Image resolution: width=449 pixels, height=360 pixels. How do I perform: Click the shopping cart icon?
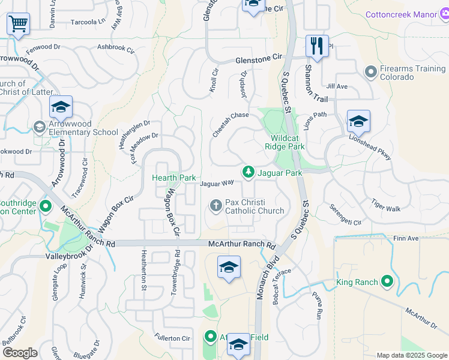tap(19, 24)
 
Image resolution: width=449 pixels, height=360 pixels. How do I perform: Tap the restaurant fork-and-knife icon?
tap(317, 46)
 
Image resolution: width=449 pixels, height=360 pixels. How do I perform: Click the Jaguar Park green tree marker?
tap(247, 173)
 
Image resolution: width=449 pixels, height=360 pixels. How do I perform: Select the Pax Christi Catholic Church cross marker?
tap(216, 206)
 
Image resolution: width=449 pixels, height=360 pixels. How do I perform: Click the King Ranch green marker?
tap(387, 281)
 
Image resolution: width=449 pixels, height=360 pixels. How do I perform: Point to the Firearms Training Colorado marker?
tap(370, 73)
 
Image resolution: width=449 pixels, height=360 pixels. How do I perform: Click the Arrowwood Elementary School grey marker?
tap(40, 127)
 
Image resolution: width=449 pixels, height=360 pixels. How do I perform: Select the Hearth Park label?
tap(173, 178)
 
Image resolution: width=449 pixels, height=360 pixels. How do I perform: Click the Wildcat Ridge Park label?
tap(285, 142)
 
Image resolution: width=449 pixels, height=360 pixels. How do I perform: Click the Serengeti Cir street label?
tap(345, 214)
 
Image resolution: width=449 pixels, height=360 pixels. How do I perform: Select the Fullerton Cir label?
tap(172, 338)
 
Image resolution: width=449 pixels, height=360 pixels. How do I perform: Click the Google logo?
tap(20, 353)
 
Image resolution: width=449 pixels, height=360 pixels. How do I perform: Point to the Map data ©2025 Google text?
tap(411, 355)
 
